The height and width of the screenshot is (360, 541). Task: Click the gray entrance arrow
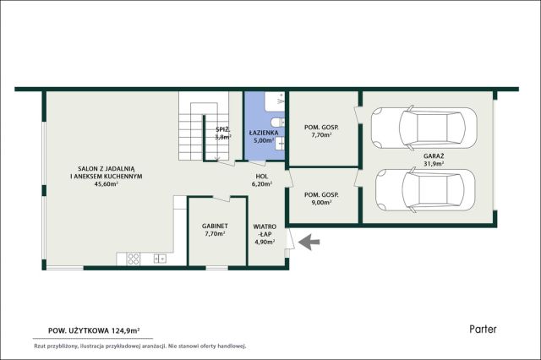click(x=309, y=242)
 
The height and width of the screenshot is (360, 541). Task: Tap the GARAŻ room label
click(x=434, y=155)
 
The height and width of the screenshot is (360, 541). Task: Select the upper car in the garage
click(x=424, y=128)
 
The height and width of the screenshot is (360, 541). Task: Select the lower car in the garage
click(x=425, y=189)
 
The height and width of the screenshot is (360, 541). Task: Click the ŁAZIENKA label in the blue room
click(x=264, y=133)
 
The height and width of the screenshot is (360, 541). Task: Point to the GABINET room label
click(x=215, y=226)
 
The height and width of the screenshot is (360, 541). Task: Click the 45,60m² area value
click(x=107, y=183)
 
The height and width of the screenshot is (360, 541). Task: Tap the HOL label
click(x=262, y=177)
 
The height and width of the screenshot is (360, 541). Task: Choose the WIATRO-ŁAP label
click(x=265, y=231)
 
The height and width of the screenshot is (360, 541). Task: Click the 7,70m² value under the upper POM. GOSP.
click(x=321, y=135)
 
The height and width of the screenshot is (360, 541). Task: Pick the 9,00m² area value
click(x=321, y=203)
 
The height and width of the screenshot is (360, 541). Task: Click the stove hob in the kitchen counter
click(x=134, y=259)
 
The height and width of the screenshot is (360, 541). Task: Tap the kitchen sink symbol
click(x=160, y=259)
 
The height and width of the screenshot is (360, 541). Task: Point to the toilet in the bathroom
click(x=278, y=122)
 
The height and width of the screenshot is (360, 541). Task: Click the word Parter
click(x=483, y=329)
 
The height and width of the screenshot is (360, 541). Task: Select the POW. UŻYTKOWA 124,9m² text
click(x=94, y=330)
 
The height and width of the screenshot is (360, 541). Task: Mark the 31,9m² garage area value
click(x=434, y=164)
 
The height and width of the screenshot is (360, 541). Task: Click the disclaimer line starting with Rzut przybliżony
click(x=139, y=346)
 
